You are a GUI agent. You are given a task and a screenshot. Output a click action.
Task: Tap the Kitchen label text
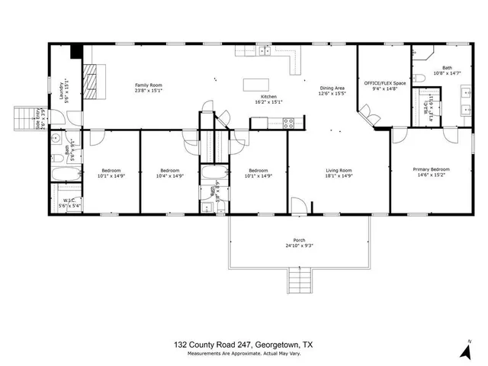click(268, 99)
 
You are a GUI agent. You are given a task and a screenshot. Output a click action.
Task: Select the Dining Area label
click(332, 90)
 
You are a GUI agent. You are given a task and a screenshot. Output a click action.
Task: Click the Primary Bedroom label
click(431, 172)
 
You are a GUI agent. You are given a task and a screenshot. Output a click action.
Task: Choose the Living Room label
click(339, 173)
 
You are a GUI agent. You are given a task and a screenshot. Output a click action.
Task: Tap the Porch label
click(299, 242)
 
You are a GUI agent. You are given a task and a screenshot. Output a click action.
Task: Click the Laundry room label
click(64, 92)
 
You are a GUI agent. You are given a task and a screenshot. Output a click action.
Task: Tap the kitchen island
click(255, 85)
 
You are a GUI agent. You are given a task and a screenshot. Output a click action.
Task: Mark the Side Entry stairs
click(24, 119)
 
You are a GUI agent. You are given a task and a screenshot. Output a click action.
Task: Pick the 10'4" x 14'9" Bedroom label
click(169, 173)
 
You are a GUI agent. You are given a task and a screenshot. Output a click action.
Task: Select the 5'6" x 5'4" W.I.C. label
click(69, 204)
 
